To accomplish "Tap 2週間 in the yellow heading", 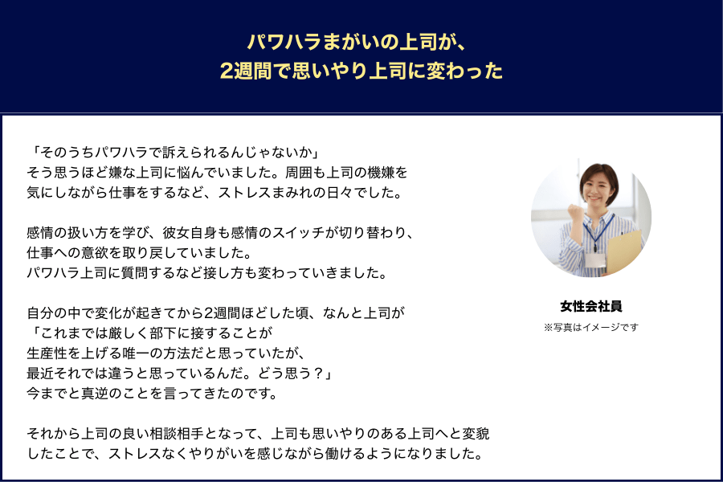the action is click(x=246, y=71).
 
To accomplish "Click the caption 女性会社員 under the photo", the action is click(x=591, y=306).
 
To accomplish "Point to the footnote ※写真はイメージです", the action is click(x=591, y=327).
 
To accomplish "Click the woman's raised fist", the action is click(x=575, y=213).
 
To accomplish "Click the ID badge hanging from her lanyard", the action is click(x=595, y=259).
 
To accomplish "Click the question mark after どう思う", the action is click(x=318, y=373).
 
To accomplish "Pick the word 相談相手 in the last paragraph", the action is click(x=176, y=434).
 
